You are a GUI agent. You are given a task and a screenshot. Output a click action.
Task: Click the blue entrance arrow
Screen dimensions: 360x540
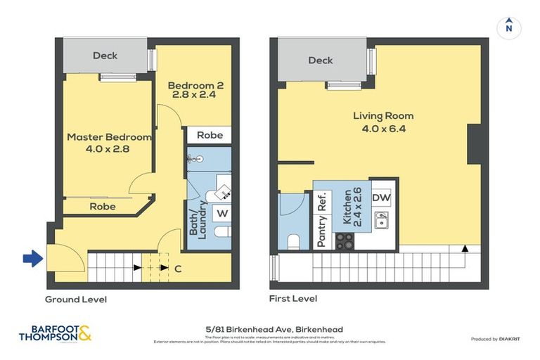click(x=32, y=259)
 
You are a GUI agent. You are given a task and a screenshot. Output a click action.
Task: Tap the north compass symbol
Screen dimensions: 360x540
click(x=508, y=28)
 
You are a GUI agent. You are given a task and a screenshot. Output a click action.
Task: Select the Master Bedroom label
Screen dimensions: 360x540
click(x=108, y=143)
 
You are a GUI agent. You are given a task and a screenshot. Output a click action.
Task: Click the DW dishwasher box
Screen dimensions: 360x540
click(x=380, y=198)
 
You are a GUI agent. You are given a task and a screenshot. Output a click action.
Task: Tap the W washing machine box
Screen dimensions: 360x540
click(x=221, y=212)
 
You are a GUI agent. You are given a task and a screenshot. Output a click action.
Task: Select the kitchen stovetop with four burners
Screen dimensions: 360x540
click(x=344, y=241)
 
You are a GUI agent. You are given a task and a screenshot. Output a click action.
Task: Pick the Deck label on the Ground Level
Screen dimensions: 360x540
click(x=105, y=56)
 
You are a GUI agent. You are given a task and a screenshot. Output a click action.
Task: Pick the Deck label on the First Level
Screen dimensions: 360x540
click(x=321, y=60)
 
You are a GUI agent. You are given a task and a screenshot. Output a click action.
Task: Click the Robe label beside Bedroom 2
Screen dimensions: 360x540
click(x=210, y=135)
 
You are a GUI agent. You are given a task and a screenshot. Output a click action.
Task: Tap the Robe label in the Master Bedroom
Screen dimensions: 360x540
click(x=103, y=207)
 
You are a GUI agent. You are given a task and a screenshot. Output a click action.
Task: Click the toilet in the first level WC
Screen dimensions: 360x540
click(x=294, y=243)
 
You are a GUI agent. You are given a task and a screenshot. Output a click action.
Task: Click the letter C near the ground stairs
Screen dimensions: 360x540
click(x=178, y=268)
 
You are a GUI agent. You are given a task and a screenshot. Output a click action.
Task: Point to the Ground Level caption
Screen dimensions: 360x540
click(x=76, y=300)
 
